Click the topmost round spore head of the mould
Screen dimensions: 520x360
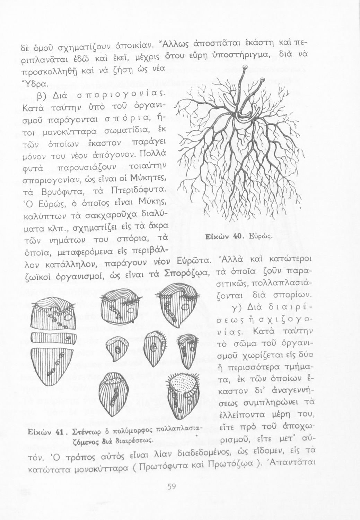245,67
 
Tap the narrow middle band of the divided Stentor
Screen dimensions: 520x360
53,337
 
